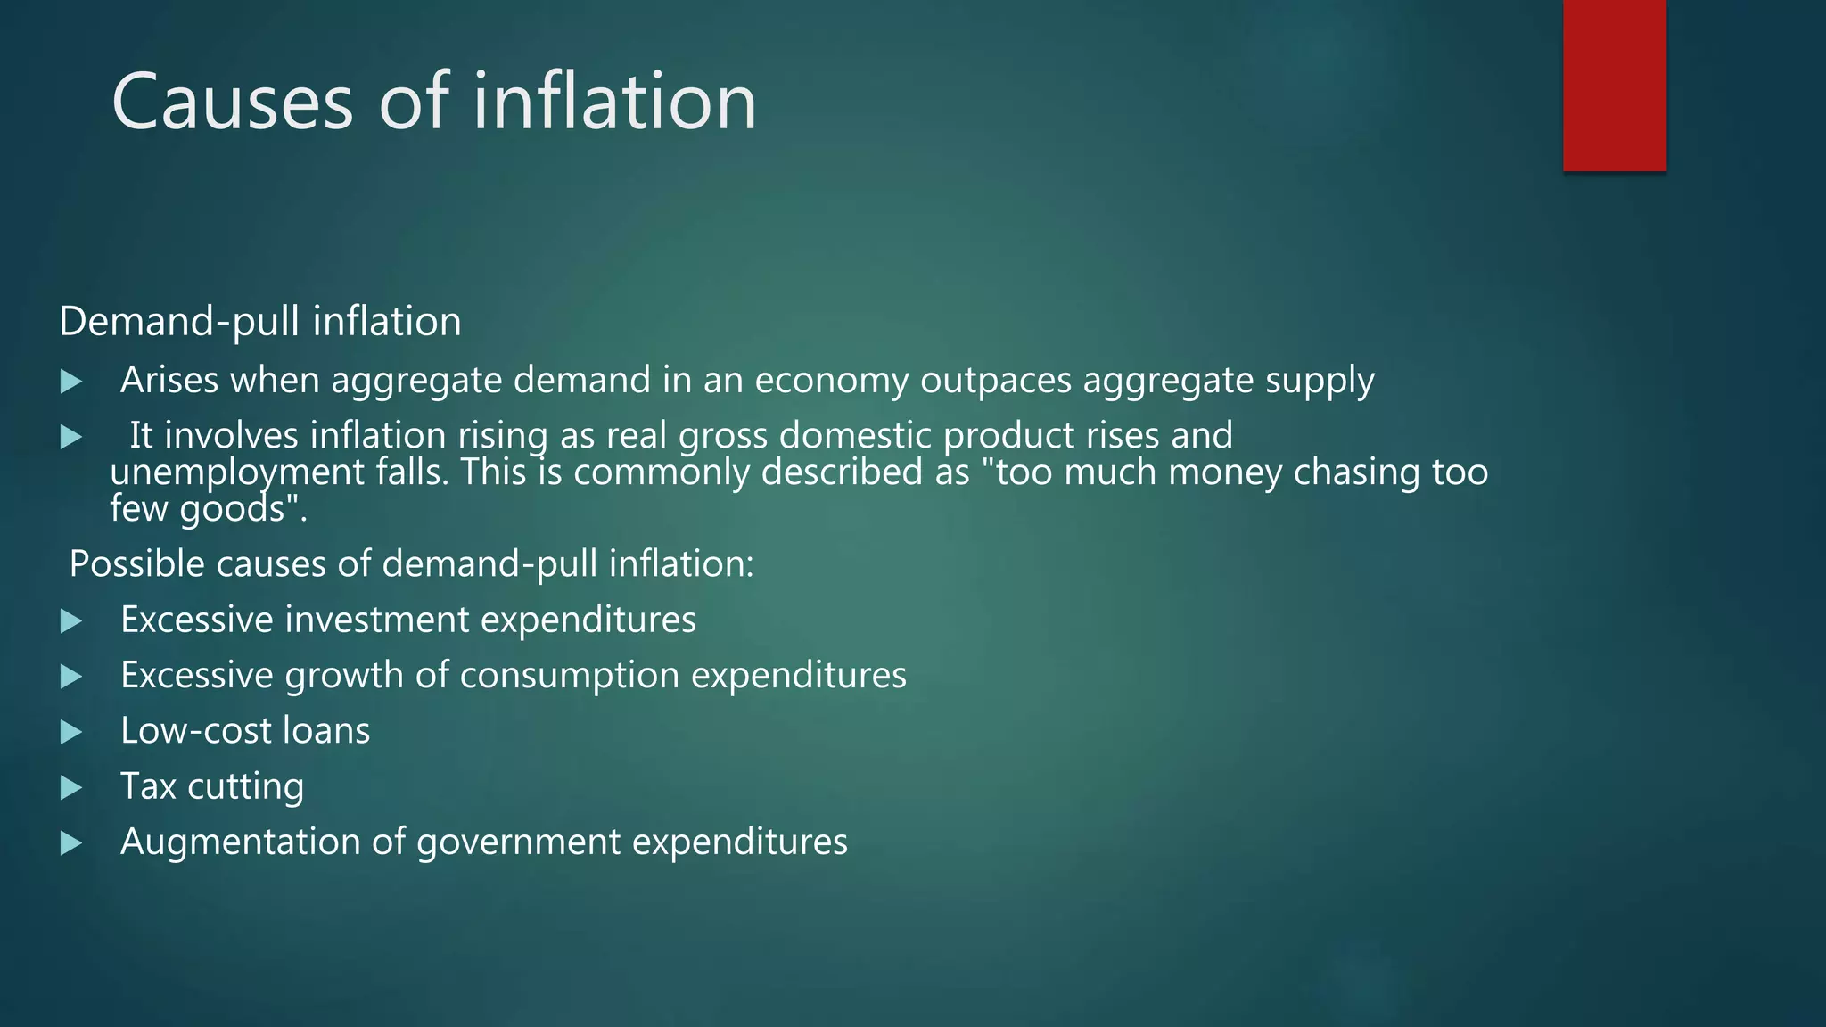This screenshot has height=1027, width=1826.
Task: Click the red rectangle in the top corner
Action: pyautogui.click(x=1614, y=86)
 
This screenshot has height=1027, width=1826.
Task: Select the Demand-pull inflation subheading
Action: pyautogui.click(x=260, y=321)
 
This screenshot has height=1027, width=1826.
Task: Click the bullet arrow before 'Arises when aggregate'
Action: pyautogui.click(x=71, y=382)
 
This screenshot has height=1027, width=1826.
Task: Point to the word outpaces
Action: pyautogui.click(x=995, y=381)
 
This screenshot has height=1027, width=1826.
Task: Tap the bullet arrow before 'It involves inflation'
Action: pyautogui.click(x=71, y=437)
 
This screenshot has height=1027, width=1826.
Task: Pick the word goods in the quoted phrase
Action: pyautogui.click(x=232, y=510)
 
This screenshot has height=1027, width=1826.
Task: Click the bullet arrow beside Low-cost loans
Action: pyautogui.click(x=71, y=733)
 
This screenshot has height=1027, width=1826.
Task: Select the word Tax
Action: pyautogui.click(x=148, y=786)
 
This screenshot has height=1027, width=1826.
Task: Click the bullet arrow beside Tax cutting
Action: pyautogui.click(x=71, y=788)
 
